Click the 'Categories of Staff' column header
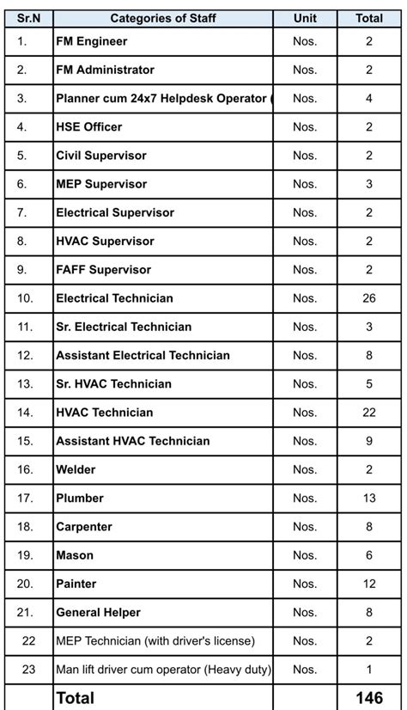point(163,18)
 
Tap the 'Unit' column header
point(305,18)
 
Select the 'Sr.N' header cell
point(28,18)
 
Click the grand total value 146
point(369,698)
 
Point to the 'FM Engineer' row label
point(91,41)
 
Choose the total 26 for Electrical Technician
point(369,298)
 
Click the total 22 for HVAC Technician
point(369,413)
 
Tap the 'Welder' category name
point(76,469)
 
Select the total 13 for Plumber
point(369,498)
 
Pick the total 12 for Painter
point(369,584)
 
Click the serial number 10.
point(25,298)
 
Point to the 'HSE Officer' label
point(88,127)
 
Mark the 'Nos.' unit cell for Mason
point(305,555)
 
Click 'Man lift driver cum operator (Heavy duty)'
point(163,669)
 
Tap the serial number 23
point(28,669)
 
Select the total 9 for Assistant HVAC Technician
point(369,441)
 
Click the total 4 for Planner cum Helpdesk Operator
point(369,98)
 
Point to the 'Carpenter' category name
point(83,527)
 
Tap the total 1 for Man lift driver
point(369,669)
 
